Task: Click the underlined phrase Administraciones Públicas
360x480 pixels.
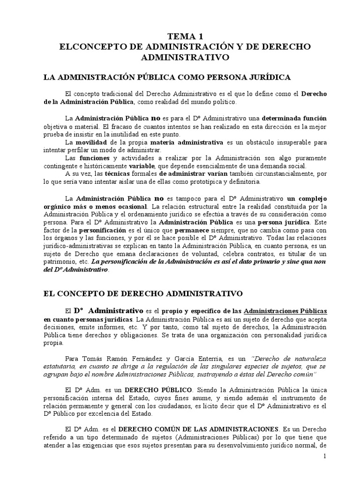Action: pyautogui.click(x=286, y=311)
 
